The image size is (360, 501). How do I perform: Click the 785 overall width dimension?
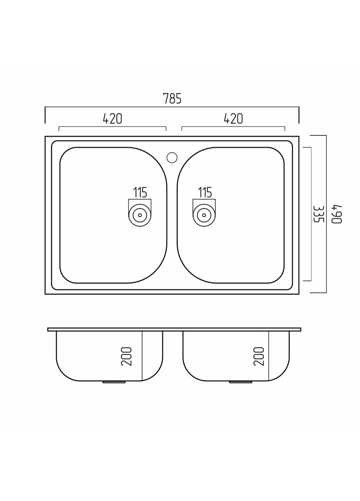coord(172,99)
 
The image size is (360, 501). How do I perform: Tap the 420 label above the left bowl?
coord(113,118)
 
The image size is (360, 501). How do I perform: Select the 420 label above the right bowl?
coord(233,118)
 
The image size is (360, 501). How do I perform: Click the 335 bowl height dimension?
coord(319,214)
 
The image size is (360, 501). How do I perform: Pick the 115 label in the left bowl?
coord(140,193)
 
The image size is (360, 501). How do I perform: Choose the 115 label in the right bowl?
coord(205,193)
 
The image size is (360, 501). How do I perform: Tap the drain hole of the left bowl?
coord(140,215)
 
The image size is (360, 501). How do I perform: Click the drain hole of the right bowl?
coord(204,215)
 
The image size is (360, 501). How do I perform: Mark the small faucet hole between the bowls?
coord(172,157)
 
